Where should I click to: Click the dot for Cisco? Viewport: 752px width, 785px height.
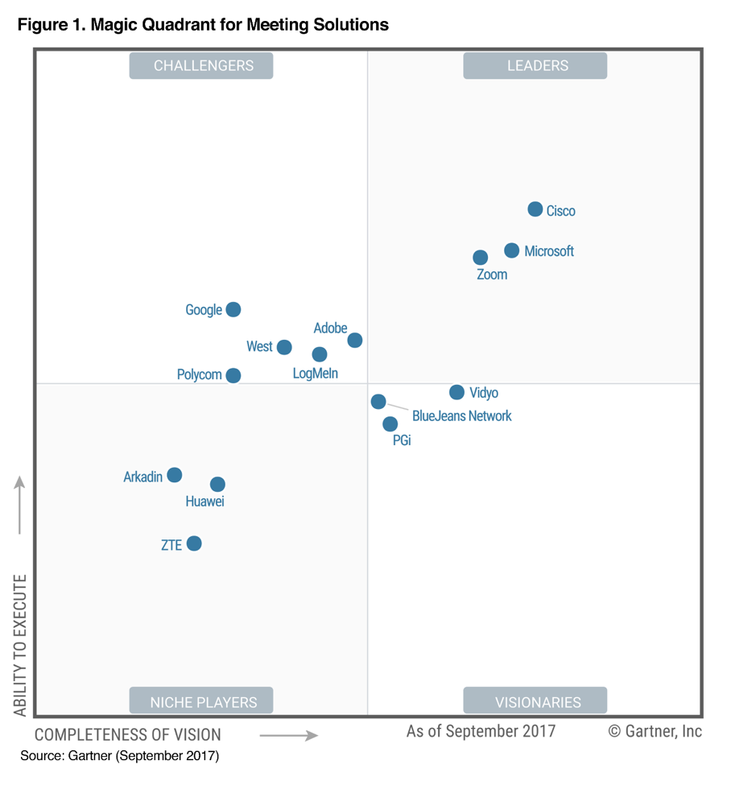pos(535,209)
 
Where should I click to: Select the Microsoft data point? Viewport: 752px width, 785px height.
pos(511,250)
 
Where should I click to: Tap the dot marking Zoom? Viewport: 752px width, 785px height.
pos(480,258)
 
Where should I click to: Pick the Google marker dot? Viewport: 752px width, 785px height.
pos(233,309)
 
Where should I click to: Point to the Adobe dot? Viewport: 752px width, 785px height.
pos(354,341)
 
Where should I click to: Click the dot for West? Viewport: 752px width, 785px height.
pos(283,347)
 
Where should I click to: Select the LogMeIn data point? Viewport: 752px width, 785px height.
pos(319,354)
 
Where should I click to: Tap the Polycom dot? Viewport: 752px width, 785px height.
pos(233,375)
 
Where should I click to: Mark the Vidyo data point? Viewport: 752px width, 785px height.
pos(457,392)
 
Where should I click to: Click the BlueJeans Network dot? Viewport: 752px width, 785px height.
pos(378,401)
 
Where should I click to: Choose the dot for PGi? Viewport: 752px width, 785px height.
pos(390,423)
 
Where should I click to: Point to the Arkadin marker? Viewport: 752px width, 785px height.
pos(174,475)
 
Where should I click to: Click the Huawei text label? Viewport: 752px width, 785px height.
pos(205,502)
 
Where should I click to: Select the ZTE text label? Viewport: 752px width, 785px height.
pos(171,545)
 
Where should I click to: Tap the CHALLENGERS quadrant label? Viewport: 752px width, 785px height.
pos(201,66)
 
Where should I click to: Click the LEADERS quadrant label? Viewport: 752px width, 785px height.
pos(535,66)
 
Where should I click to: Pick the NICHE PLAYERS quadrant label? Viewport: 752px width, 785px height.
pos(201,701)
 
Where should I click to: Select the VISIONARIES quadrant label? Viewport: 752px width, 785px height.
pos(535,701)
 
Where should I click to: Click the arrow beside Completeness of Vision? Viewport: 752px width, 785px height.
pos(288,734)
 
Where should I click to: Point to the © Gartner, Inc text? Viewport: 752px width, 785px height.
pos(655,731)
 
